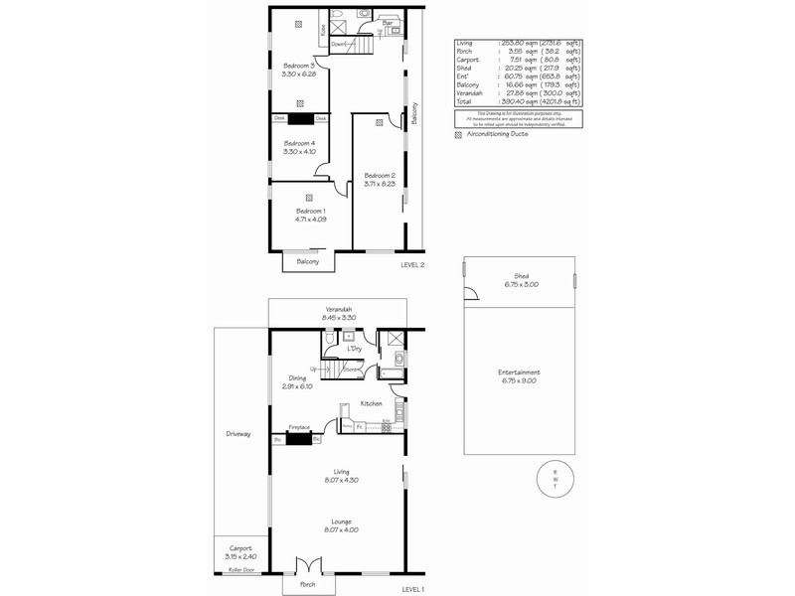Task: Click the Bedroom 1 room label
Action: coord(310,212)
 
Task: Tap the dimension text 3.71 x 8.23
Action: coord(378,183)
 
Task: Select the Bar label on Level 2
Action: coord(387,22)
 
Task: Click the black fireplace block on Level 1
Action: coord(298,435)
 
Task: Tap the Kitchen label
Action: coord(371,403)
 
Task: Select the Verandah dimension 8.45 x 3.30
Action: coord(340,317)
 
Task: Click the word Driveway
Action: coord(238,434)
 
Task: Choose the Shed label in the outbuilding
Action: coord(521,276)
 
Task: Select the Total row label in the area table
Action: coord(464,101)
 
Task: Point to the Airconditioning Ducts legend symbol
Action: coord(458,133)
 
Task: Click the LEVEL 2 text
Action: coord(412,265)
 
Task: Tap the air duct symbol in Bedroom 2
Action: coord(381,125)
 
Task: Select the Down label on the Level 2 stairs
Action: coord(339,45)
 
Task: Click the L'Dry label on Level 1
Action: coord(354,349)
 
